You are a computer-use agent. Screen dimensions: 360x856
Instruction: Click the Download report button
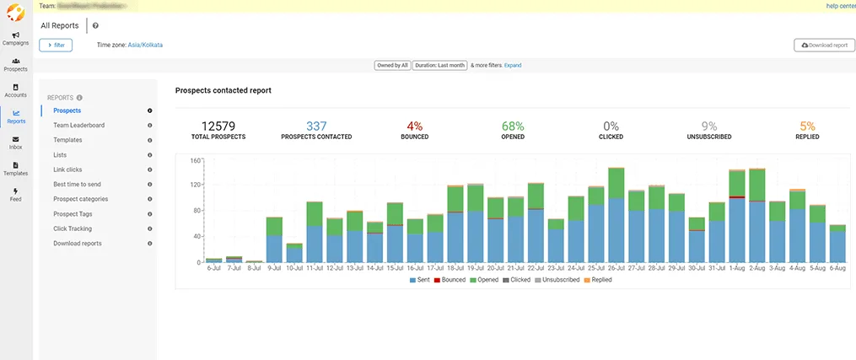(x=824, y=45)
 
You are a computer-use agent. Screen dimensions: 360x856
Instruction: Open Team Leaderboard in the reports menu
(x=78, y=125)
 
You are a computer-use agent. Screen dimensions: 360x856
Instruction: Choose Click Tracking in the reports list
(x=73, y=228)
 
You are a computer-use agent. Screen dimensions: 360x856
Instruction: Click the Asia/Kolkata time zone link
(x=145, y=45)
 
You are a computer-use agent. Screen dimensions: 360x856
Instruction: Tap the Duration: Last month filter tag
(x=439, y=65)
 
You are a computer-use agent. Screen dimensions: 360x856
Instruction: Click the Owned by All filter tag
(x=391, y=65)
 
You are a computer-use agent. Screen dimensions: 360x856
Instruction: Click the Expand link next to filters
(x=513, y=65)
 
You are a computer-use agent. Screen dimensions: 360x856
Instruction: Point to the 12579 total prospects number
(x=218, y=126)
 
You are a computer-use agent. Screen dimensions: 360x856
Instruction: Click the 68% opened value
(x=512, y=126)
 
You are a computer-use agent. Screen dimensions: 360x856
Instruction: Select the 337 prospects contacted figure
(x=316, y=126)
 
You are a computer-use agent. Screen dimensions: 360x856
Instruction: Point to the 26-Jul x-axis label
(x=616, y=268)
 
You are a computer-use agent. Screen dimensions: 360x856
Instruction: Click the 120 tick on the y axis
(x=195, y=185)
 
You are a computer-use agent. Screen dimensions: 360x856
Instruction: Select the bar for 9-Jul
(x=274, y=239)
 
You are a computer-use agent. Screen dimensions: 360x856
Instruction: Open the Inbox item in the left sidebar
(x=15, y=142)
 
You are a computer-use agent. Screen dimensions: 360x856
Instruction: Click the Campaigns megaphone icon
(x=16, y=35)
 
